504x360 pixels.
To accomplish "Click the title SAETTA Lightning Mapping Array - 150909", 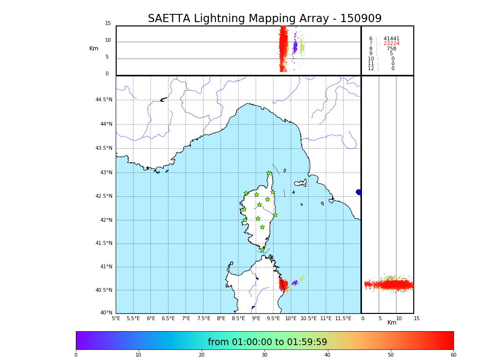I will (264, 19).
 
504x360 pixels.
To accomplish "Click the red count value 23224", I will (391, 44).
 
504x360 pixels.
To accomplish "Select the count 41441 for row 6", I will (391, 39).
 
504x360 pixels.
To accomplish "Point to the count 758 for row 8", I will (391, 49).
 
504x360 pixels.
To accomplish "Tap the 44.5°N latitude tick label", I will (104, 100).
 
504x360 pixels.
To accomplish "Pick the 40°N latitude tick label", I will (106, 313).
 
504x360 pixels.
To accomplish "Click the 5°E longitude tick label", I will (116, 318).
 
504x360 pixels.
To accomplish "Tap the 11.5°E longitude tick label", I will (343, 318).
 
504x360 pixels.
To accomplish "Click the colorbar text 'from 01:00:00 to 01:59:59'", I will (267, 342).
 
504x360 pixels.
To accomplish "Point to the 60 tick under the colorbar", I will (453, 355).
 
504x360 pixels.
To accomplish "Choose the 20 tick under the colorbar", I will (202, 355).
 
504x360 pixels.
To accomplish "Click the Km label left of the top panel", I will (94, 48).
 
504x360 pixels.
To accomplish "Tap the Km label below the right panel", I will (392, 323).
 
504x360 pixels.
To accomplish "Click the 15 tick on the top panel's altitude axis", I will (108, 24).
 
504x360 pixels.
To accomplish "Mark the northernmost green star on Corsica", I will (269, 173).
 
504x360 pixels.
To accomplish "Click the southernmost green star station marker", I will (262, 250).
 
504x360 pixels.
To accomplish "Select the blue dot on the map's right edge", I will (359, 192).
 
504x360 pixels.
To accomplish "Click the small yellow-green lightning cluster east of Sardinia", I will (302, 278).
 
